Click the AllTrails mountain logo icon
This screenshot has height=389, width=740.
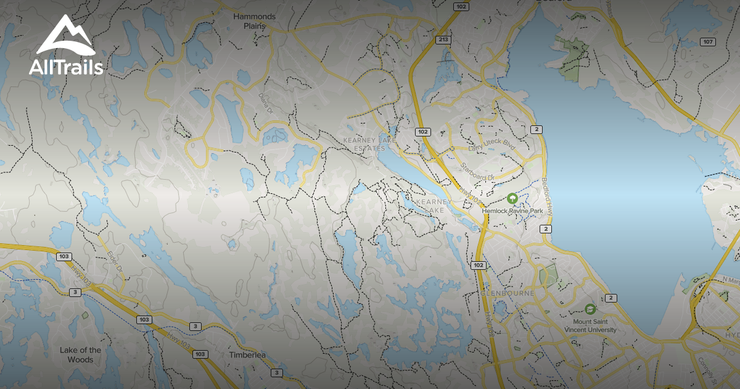coord(65,36)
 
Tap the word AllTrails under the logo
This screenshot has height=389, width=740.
coord(66,67)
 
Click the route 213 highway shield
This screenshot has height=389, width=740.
coord(442,40)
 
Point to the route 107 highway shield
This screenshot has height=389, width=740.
coord(708,42)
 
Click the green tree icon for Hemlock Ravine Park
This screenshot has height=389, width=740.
coord(512,198)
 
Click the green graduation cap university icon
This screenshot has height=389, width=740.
coord(590,308)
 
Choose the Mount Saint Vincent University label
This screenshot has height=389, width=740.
coord(594,326)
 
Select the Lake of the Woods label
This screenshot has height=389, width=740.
coord(81,355)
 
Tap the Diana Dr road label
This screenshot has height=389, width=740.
coord(266,102)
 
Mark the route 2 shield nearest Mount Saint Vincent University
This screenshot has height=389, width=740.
coord(610,298)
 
